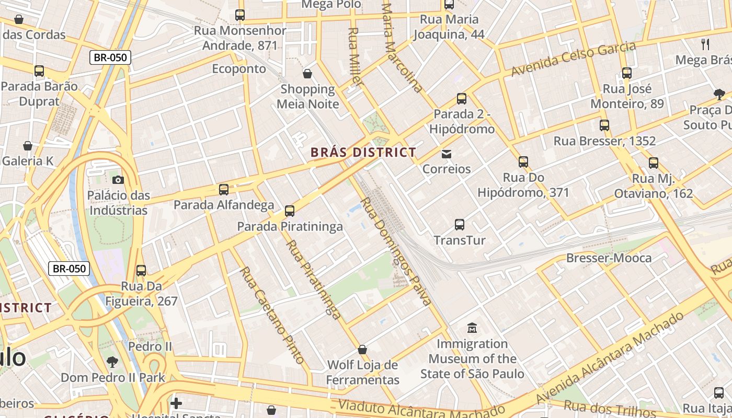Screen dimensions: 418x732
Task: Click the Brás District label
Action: (x=363, y=153)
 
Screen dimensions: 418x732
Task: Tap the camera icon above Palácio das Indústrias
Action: (x=118, y=180)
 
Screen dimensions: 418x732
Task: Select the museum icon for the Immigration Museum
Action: (x=472, y=328)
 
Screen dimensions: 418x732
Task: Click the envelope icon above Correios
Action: (x=447, y=154)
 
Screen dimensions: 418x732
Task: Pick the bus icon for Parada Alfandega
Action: (x=224, y=189)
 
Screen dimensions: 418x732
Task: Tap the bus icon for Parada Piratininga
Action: (x=290, y=211)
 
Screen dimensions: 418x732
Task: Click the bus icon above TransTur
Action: (x=460, y=225)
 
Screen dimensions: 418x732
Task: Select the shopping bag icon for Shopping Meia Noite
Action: (x=307, y=74)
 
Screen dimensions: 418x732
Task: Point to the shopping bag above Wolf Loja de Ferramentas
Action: (x=362, y=349)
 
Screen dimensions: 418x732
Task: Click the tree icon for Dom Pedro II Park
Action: (x=112, y=362)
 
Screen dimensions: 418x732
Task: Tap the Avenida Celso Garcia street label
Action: (x=574, y=59)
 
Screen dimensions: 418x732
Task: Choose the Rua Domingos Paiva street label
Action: (x=396, y=251)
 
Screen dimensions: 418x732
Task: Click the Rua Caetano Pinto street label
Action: (x=271, y=315)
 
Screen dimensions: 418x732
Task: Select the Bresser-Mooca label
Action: (x=609, y=258)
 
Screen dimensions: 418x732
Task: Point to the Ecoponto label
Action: (x=239, y=69)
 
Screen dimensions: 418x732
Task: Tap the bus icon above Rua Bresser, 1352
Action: (x=604, y=125)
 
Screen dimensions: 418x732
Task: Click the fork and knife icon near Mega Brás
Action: (x=705, y=44)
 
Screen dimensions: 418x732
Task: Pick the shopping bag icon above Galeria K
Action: (x=28, y=146)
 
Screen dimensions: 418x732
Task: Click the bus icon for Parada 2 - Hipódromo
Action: (x=462, y=99)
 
